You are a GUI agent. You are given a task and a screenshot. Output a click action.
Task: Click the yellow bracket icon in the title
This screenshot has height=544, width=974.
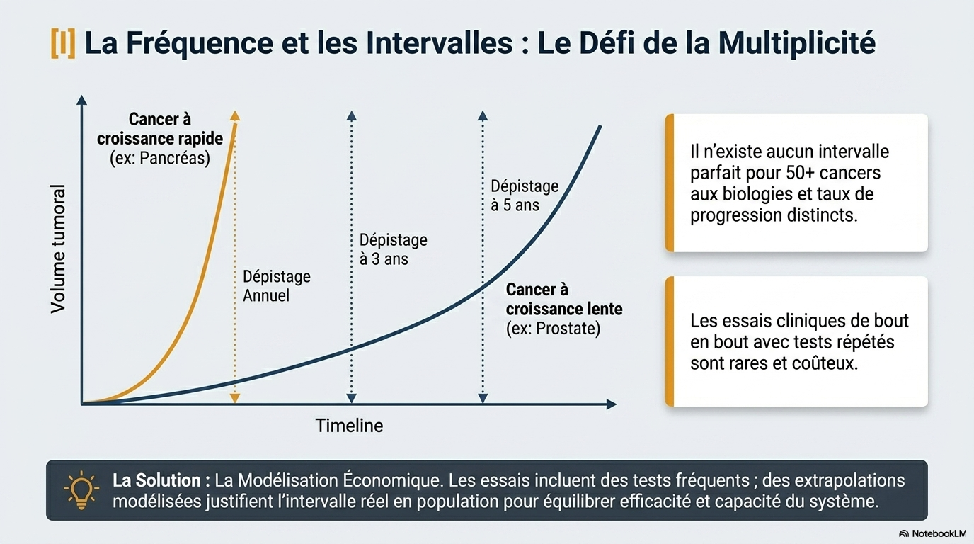click(63, 43)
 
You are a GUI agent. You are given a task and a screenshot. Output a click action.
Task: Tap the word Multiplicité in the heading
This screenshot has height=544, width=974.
click(796, 42)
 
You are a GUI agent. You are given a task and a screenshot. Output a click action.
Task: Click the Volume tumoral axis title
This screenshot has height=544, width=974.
click(58, 249)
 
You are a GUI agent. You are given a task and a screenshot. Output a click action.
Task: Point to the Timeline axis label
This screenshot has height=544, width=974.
click(349, 426)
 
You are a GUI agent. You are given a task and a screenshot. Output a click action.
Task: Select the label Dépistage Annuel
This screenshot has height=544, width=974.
click(277, 286)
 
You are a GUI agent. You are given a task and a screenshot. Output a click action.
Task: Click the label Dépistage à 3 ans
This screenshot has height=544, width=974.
click(393, 249)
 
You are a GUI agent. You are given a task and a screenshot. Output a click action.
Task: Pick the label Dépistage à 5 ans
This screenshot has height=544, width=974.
click(525, 195)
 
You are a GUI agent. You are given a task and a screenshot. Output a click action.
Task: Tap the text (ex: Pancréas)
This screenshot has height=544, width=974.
click(159, 158)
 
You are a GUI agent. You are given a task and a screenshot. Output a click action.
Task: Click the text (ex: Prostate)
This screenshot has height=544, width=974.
click(553, 329)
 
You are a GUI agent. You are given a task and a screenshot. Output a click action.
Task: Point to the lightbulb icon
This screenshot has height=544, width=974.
click(81, 489)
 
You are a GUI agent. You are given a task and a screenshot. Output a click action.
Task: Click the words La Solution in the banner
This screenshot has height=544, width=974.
click(156, 480)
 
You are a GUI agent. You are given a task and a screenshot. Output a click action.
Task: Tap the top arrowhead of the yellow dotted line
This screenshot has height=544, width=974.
click(235, 115)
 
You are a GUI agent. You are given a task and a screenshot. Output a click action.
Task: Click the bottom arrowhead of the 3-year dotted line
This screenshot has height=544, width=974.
click(351, 398)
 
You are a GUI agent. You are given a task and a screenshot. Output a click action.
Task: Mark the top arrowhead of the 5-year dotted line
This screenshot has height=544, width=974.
click(483, 115)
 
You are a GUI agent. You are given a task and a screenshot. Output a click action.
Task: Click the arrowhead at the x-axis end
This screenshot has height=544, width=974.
click(612, 404)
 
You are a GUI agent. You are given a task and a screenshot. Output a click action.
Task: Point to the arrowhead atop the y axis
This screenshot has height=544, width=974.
click(81, 100)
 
